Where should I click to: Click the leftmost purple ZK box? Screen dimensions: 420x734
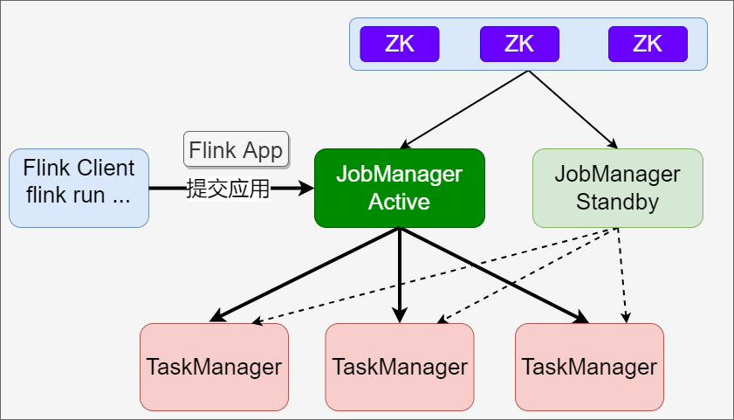399,44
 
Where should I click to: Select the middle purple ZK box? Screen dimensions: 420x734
519,44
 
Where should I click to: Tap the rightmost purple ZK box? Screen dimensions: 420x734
648,44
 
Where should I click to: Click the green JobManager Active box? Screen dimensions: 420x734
399,188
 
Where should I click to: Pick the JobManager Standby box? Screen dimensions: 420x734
617,188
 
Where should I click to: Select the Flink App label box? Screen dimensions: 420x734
236,149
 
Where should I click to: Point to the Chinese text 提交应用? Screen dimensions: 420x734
228,188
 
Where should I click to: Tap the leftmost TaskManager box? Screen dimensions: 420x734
214,367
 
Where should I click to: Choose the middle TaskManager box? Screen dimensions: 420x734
400,367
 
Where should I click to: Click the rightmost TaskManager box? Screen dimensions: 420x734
589,367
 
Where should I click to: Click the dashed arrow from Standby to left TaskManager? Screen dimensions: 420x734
436,275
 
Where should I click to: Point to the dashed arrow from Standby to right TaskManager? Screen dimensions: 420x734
621,275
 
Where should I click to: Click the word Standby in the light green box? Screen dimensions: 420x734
617,202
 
